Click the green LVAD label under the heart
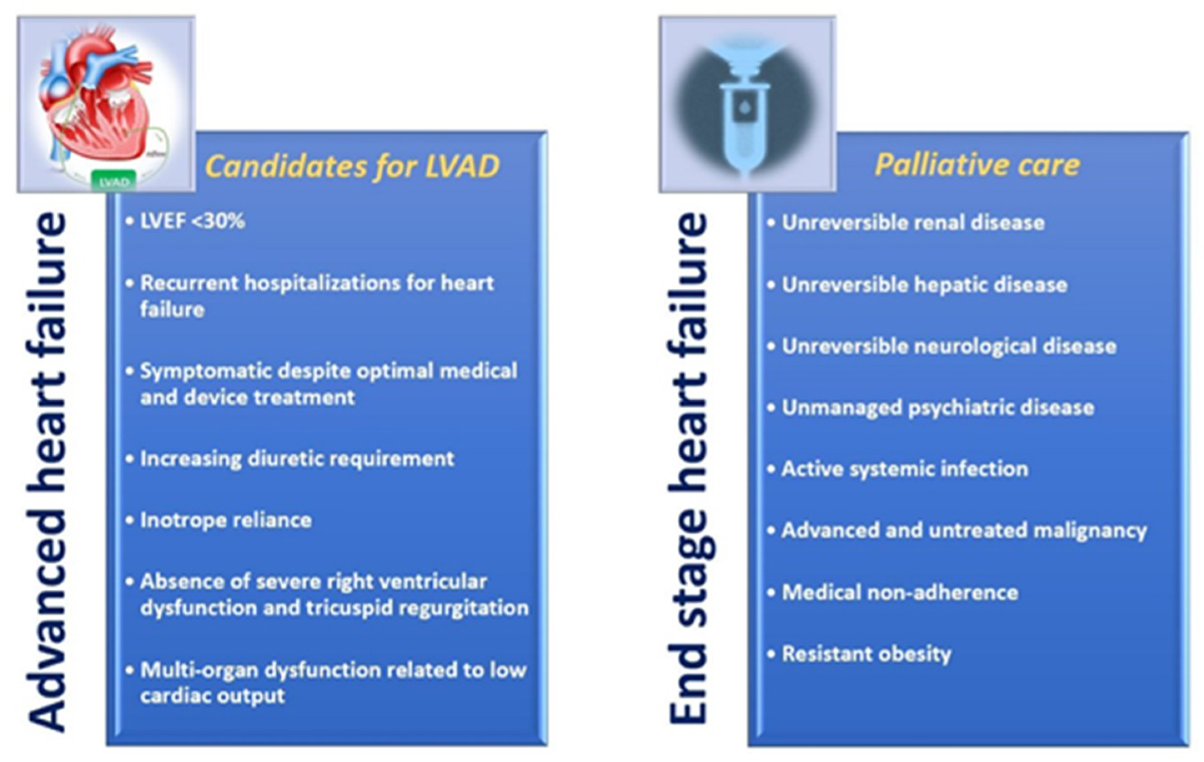pyautogui.click(x=114, y=181)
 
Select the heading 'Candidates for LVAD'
pyautogui.click(x=352, y=166)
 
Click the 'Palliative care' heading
pyautogui.click(x=978, y=165)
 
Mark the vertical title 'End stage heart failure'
pyautogui.click(x=688, y=468)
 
